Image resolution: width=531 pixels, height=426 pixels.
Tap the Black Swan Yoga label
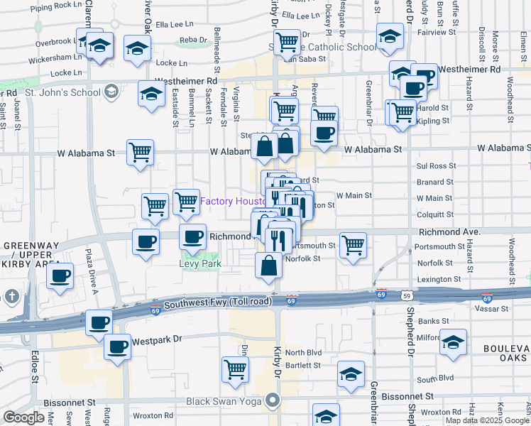[221, 401]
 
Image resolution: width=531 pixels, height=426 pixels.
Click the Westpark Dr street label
[157, 340]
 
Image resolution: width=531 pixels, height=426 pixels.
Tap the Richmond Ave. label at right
[450, 232]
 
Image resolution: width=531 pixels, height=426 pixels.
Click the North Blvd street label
[304, 353]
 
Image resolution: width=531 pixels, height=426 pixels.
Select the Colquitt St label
[435, 212]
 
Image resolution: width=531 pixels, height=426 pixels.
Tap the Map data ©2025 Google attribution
[486, 420]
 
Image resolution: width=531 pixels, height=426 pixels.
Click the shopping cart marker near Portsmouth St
[353, 246]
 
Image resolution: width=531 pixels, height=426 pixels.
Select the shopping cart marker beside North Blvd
[235, 368]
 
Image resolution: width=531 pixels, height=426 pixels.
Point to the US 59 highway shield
[406, 293]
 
